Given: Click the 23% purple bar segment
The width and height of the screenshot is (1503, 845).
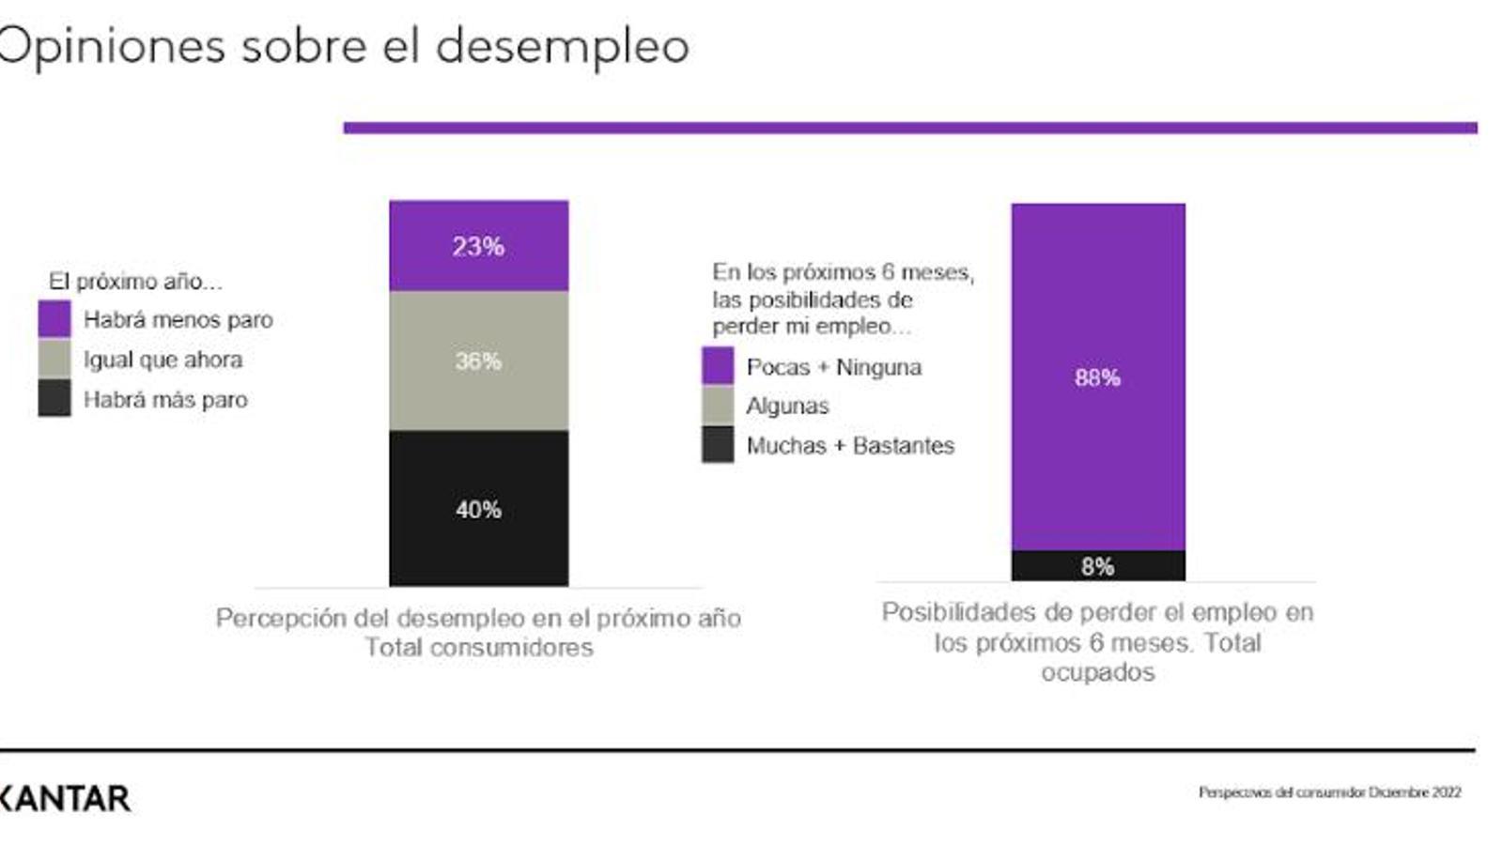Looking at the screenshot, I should point(478,245).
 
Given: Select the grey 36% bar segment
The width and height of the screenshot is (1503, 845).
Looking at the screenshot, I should point(478,361).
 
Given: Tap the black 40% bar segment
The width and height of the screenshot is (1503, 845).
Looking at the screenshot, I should point(478,508).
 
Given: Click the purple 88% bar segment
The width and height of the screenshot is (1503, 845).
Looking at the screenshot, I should point(1097,376).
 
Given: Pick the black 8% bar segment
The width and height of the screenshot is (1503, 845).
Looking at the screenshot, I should point(1097,565).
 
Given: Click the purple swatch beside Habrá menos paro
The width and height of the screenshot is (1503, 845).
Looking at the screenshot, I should point(54,319).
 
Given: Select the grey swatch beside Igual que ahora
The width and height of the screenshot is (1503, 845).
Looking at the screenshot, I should point(54,359).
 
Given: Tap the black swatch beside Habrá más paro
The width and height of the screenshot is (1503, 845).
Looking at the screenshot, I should point(54,398).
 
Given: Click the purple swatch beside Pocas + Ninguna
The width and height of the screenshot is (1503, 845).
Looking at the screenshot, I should point(718,366).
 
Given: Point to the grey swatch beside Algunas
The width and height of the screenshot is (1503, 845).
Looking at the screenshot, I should point(718,406).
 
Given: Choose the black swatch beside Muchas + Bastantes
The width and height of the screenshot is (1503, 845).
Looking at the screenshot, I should point(718,445).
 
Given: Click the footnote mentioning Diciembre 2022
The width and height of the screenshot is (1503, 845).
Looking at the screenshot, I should point(1328,792).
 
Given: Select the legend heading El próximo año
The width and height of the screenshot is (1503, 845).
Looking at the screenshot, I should point(135,281).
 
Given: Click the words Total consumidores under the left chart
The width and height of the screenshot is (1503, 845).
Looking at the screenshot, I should point(478,647).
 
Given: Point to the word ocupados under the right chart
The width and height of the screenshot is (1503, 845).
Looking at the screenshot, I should point(1097,672).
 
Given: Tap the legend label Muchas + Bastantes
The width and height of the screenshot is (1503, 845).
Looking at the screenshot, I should point(849,445).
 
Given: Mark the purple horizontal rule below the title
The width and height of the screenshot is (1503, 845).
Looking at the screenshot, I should point(909,128).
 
